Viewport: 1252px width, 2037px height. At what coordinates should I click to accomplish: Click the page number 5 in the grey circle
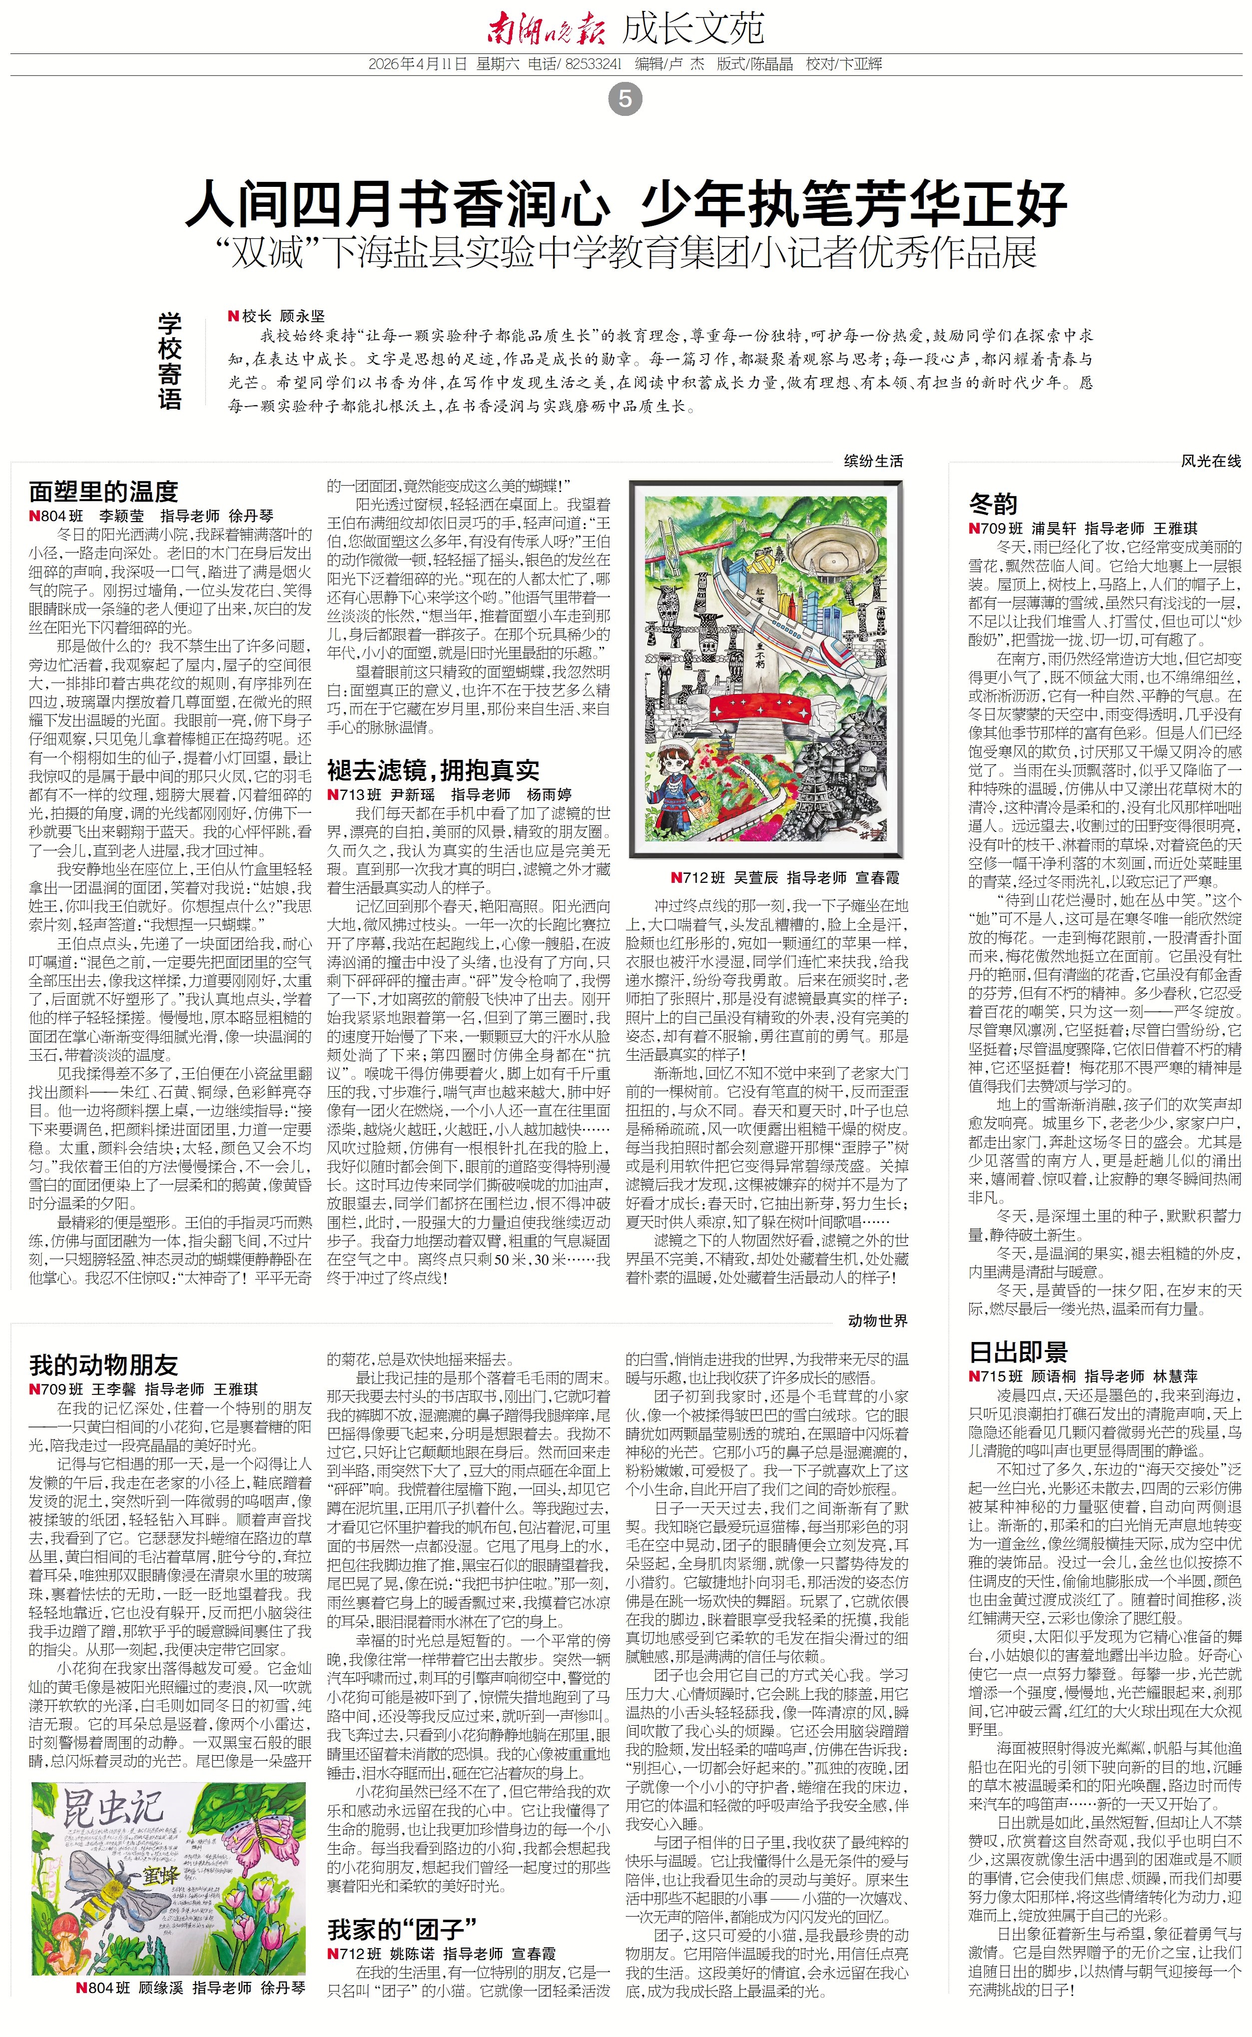(x=625, y=99)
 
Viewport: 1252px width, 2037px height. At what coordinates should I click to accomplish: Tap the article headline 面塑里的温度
(x=103, y=491)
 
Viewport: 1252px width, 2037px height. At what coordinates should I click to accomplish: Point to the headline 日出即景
(x=1019, y=1352)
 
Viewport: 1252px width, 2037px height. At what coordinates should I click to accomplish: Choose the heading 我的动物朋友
(x=103, y=1364)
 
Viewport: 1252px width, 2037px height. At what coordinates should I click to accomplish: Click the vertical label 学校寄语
(x=170, y=361)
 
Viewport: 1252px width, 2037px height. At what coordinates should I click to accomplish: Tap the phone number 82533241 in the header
(x=593, y=64)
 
